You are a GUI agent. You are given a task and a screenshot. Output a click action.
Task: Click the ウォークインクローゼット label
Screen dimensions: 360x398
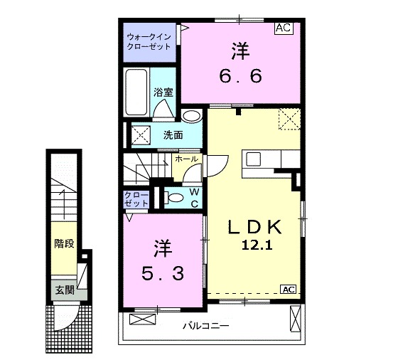point(149,41)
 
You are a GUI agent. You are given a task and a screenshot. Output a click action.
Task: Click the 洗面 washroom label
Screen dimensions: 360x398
point(173,134)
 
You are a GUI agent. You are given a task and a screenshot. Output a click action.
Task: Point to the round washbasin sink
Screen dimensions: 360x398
point(190,117)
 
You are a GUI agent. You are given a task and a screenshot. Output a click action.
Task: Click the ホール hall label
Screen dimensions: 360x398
point(186,159)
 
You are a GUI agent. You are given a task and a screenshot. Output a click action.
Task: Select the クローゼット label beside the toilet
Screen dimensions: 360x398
point(137,198)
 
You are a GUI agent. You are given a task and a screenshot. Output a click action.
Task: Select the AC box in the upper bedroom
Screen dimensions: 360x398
point(284,28)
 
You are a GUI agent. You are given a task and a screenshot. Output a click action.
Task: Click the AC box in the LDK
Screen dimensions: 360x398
point(288,289)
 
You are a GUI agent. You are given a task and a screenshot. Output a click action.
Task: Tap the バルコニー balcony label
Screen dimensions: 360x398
point(205,327)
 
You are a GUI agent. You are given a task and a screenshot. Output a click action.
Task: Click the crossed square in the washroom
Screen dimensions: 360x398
point(139,133)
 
